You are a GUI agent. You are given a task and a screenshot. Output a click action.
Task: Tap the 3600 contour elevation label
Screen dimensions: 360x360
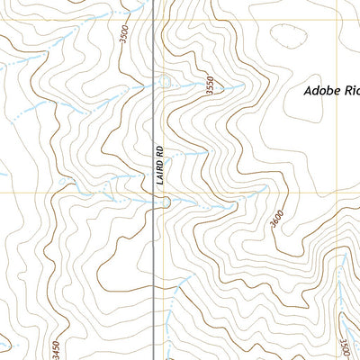[x=275, y=217]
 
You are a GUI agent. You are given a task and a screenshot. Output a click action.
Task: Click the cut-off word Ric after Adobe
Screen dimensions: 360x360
[x=351, y=91]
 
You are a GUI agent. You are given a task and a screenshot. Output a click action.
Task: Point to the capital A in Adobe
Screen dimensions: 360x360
[x=308, y=91]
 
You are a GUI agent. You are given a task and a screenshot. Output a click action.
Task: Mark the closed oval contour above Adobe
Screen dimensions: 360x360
[x=286, y=38]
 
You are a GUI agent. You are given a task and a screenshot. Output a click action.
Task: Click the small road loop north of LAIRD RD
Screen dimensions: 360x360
[x=166, y=83]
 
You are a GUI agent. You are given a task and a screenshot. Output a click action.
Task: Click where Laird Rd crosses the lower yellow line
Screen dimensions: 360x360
[x=160, y=192]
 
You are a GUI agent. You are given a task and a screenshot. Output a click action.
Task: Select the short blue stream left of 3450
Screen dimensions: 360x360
[x=7, y=343]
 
